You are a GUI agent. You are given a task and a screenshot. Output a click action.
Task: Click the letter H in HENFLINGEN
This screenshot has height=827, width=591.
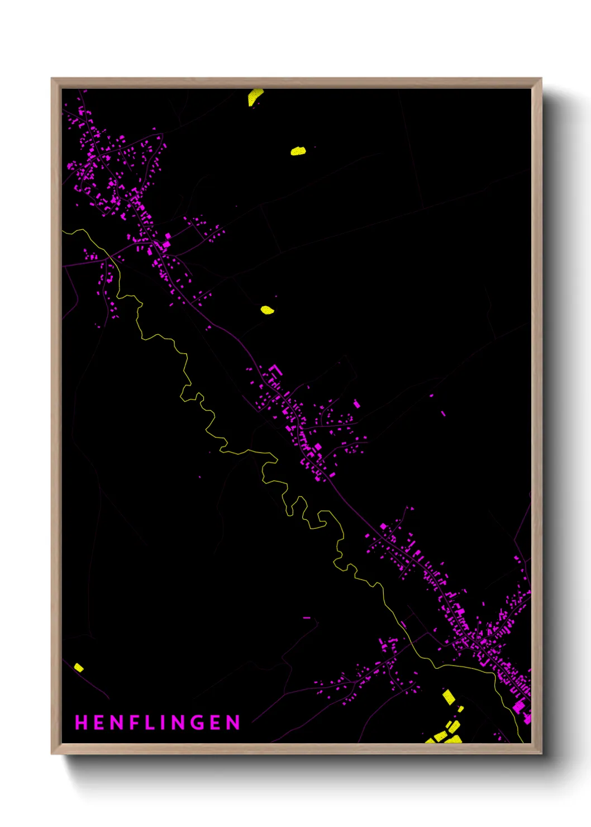[81, 723]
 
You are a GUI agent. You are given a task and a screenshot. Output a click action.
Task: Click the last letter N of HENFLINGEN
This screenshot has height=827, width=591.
[233, 723]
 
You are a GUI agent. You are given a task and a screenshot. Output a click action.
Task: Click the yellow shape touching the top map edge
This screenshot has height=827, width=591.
[255, 96]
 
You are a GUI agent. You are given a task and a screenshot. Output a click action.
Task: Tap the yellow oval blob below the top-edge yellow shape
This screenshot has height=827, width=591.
[298, 151]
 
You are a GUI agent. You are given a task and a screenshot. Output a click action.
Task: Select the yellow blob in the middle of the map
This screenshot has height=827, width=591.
[268, 310]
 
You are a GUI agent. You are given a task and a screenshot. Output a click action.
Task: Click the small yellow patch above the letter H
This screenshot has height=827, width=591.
[79, 667]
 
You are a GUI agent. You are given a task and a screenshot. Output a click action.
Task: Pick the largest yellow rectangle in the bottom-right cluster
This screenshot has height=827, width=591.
[449, 696]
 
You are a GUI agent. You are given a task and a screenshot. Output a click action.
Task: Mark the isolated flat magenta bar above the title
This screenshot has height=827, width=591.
[306, 618]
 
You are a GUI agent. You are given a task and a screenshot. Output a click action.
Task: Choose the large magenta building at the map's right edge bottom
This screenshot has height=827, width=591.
[519, 706]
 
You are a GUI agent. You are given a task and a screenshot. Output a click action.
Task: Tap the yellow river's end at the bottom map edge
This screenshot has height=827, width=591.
[522, 741]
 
